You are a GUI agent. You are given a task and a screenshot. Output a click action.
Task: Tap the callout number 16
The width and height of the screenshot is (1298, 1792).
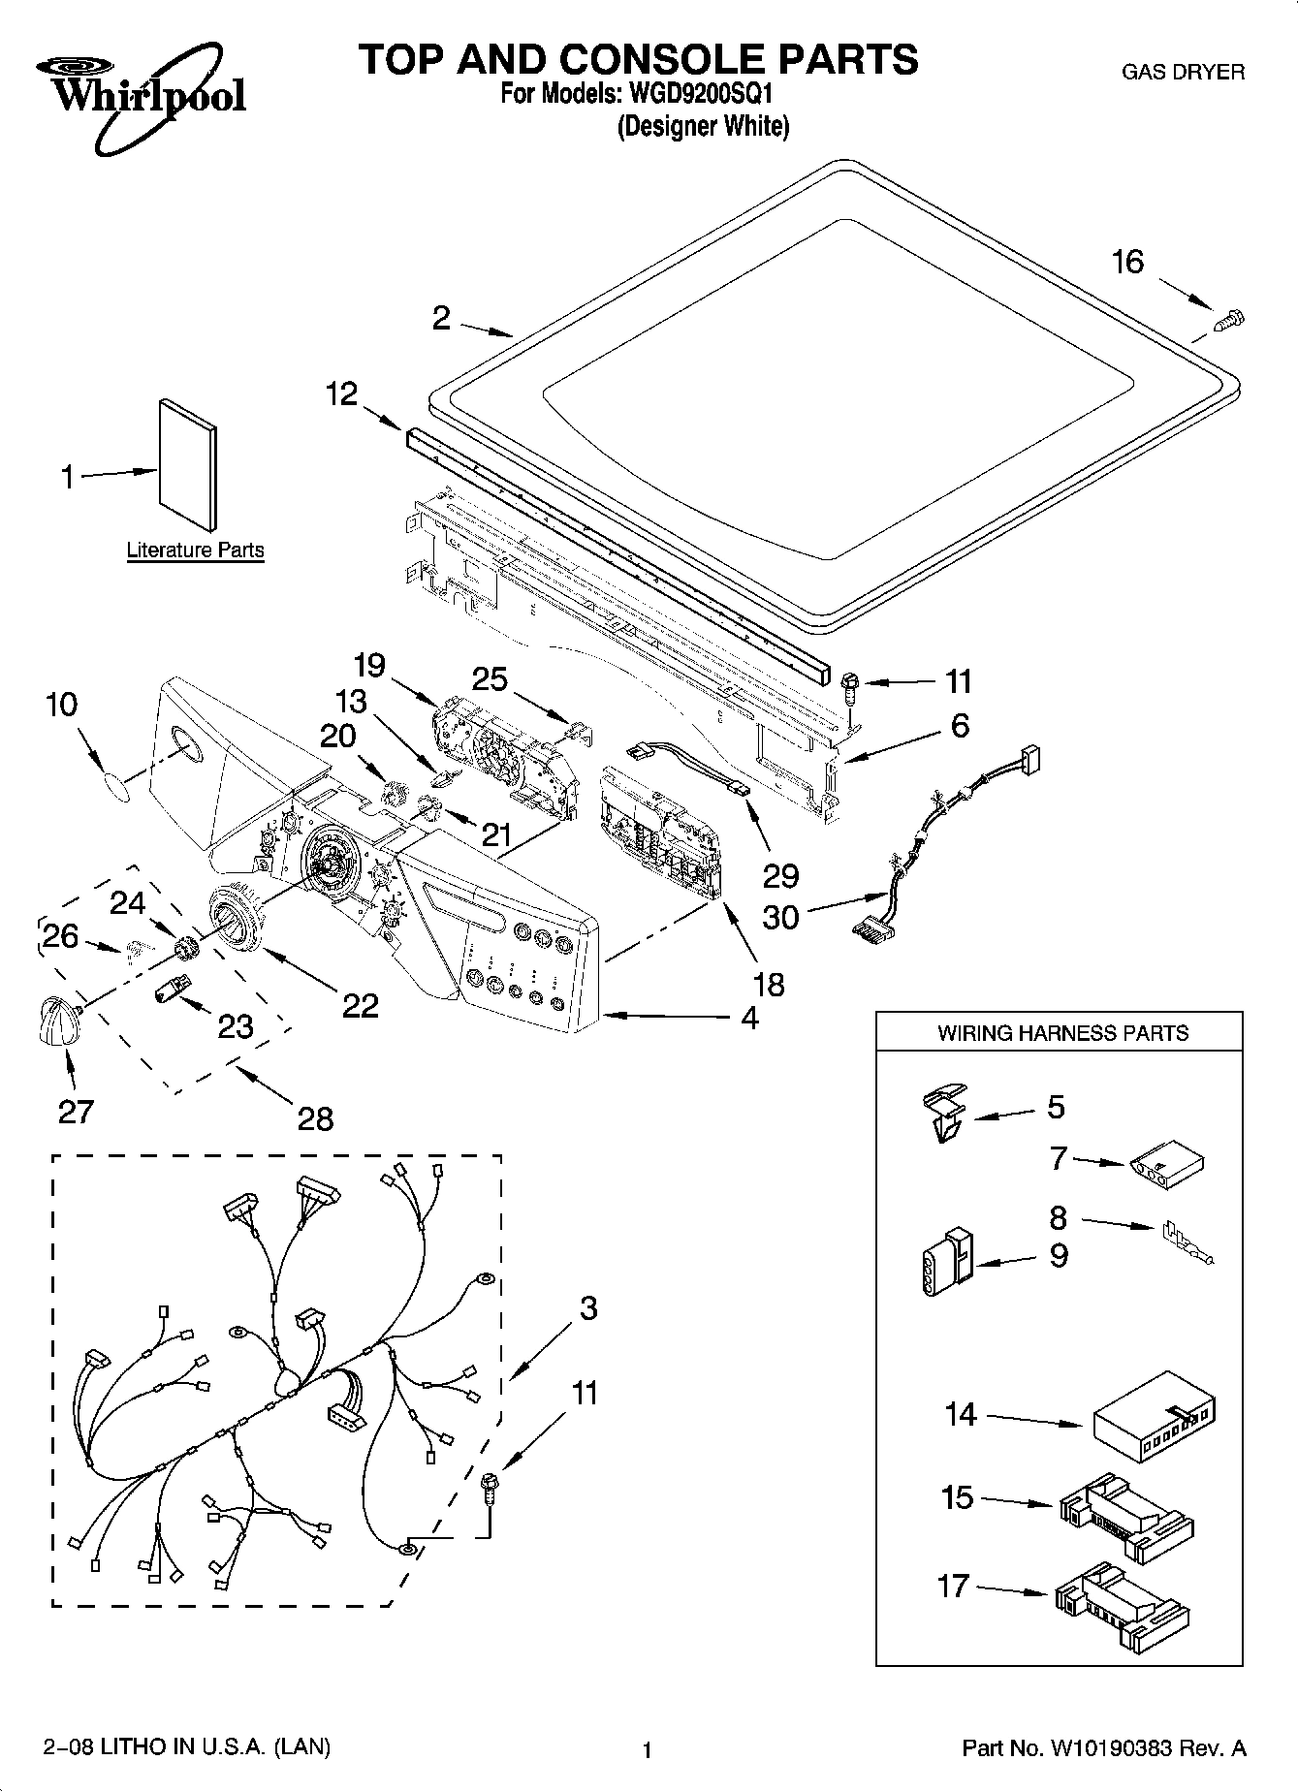coord(1127,262)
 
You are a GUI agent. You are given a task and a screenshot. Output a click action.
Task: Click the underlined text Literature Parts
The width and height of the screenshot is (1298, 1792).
coord(195,550)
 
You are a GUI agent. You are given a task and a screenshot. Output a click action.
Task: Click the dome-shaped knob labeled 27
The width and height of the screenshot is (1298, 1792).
coord(58,1022)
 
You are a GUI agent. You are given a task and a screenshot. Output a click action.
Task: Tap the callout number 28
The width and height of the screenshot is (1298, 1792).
coord(315,1118)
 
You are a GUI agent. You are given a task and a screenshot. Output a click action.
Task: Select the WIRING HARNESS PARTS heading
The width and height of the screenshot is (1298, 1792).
coord(1061,1033)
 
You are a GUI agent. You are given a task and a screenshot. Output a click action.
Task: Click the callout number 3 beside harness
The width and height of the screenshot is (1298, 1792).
coord(588,1308)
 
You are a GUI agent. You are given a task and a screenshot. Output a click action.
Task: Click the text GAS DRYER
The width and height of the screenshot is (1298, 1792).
coord(1182,73)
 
